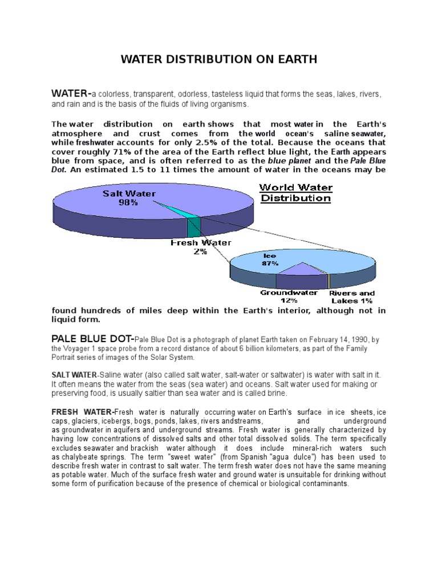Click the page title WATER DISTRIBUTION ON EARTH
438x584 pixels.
(219, 59)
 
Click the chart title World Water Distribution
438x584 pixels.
(296, 193)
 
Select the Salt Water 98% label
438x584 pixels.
(129, 198)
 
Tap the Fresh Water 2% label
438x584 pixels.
(201, 247)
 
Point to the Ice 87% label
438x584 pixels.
(270, 259)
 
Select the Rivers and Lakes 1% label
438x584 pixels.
(352, 297)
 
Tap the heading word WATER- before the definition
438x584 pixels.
(71, 93)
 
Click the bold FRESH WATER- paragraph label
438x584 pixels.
(83, 412)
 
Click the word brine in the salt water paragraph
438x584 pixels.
(275, 394)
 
